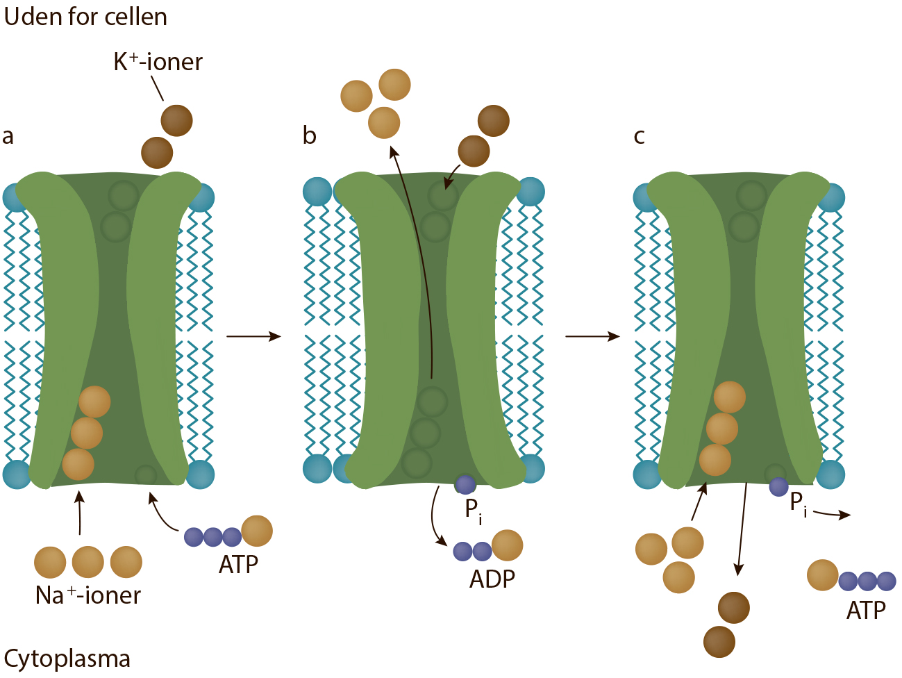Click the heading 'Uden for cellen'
(85, 17)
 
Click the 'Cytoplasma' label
(67, 659)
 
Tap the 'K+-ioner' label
(158, 63)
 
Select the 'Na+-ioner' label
(88, 595)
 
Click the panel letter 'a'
(8, 137)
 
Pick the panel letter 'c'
(639, 137)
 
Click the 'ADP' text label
(492, 579)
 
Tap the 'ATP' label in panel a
(238, 565)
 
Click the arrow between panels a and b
(253, 336)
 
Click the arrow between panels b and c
(592, 336)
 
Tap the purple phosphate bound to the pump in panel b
(465, 484)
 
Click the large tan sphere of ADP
(507, 545)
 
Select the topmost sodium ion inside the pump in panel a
(94, 402)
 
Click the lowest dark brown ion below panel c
(719, 642)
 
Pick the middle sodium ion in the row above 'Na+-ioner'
(88, 562)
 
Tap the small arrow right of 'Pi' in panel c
(832, 513)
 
